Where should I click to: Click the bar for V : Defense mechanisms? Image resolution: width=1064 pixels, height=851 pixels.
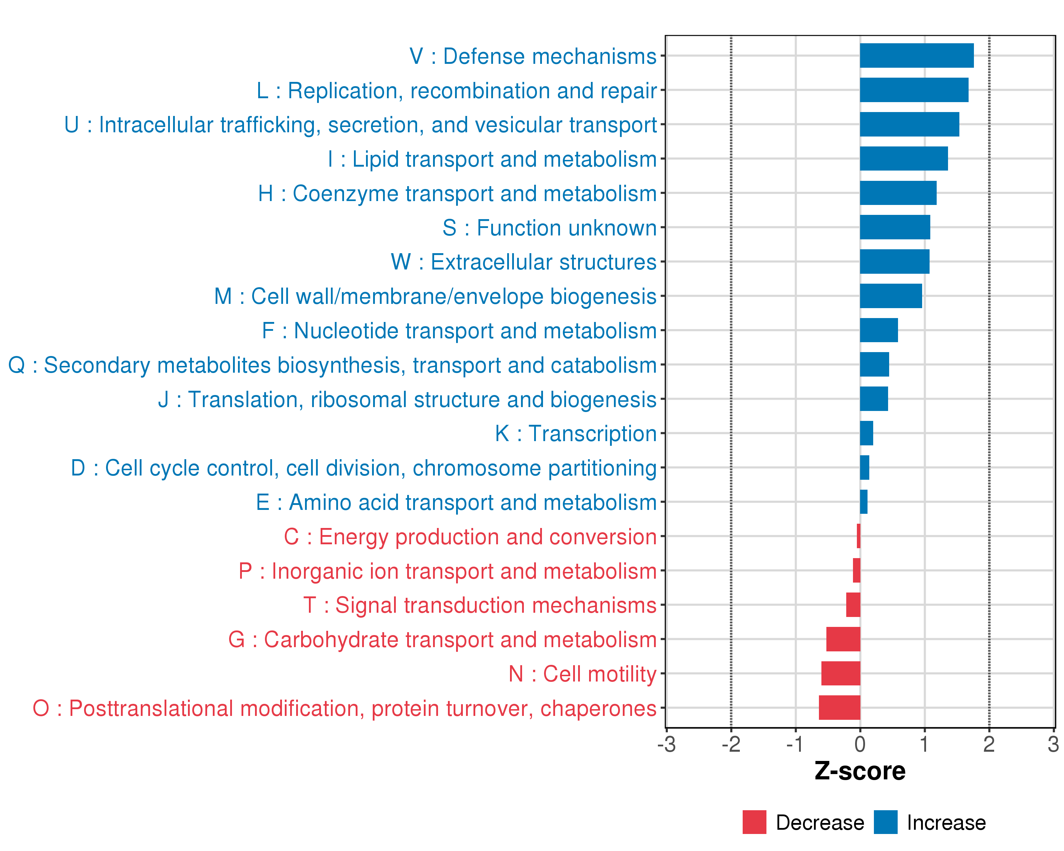pos(916,56)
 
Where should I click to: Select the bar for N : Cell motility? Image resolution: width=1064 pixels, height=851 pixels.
pos(841,673)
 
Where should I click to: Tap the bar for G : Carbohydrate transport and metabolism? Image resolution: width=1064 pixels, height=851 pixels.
pos(843,639)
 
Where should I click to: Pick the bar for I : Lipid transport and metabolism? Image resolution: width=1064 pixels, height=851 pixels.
pos(904,159)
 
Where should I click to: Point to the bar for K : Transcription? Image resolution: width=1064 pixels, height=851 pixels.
pos(866,433)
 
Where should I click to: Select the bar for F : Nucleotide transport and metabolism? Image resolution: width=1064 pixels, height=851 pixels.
pos(879,330)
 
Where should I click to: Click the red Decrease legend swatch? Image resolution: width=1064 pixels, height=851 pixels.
pos(754,822)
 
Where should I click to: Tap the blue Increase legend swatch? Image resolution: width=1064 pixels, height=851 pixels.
pos(885,822)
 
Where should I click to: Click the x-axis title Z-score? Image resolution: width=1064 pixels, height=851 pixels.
pos(860,771)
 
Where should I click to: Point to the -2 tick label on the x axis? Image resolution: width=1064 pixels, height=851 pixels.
pos(731,744)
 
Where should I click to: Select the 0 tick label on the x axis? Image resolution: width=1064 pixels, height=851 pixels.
pos(860,744)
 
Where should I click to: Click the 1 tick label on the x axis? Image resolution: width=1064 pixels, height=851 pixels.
pos(924,744)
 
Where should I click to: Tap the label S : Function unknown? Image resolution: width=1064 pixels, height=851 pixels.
pos(549,228)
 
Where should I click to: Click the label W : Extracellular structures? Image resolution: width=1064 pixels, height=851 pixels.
pos(523,262)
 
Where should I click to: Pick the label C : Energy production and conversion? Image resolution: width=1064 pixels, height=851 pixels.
pos(470,537)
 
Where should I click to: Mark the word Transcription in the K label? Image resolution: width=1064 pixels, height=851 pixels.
pos(593,434)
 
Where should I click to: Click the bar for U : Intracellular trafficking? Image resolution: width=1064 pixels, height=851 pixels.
pos(909,124)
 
